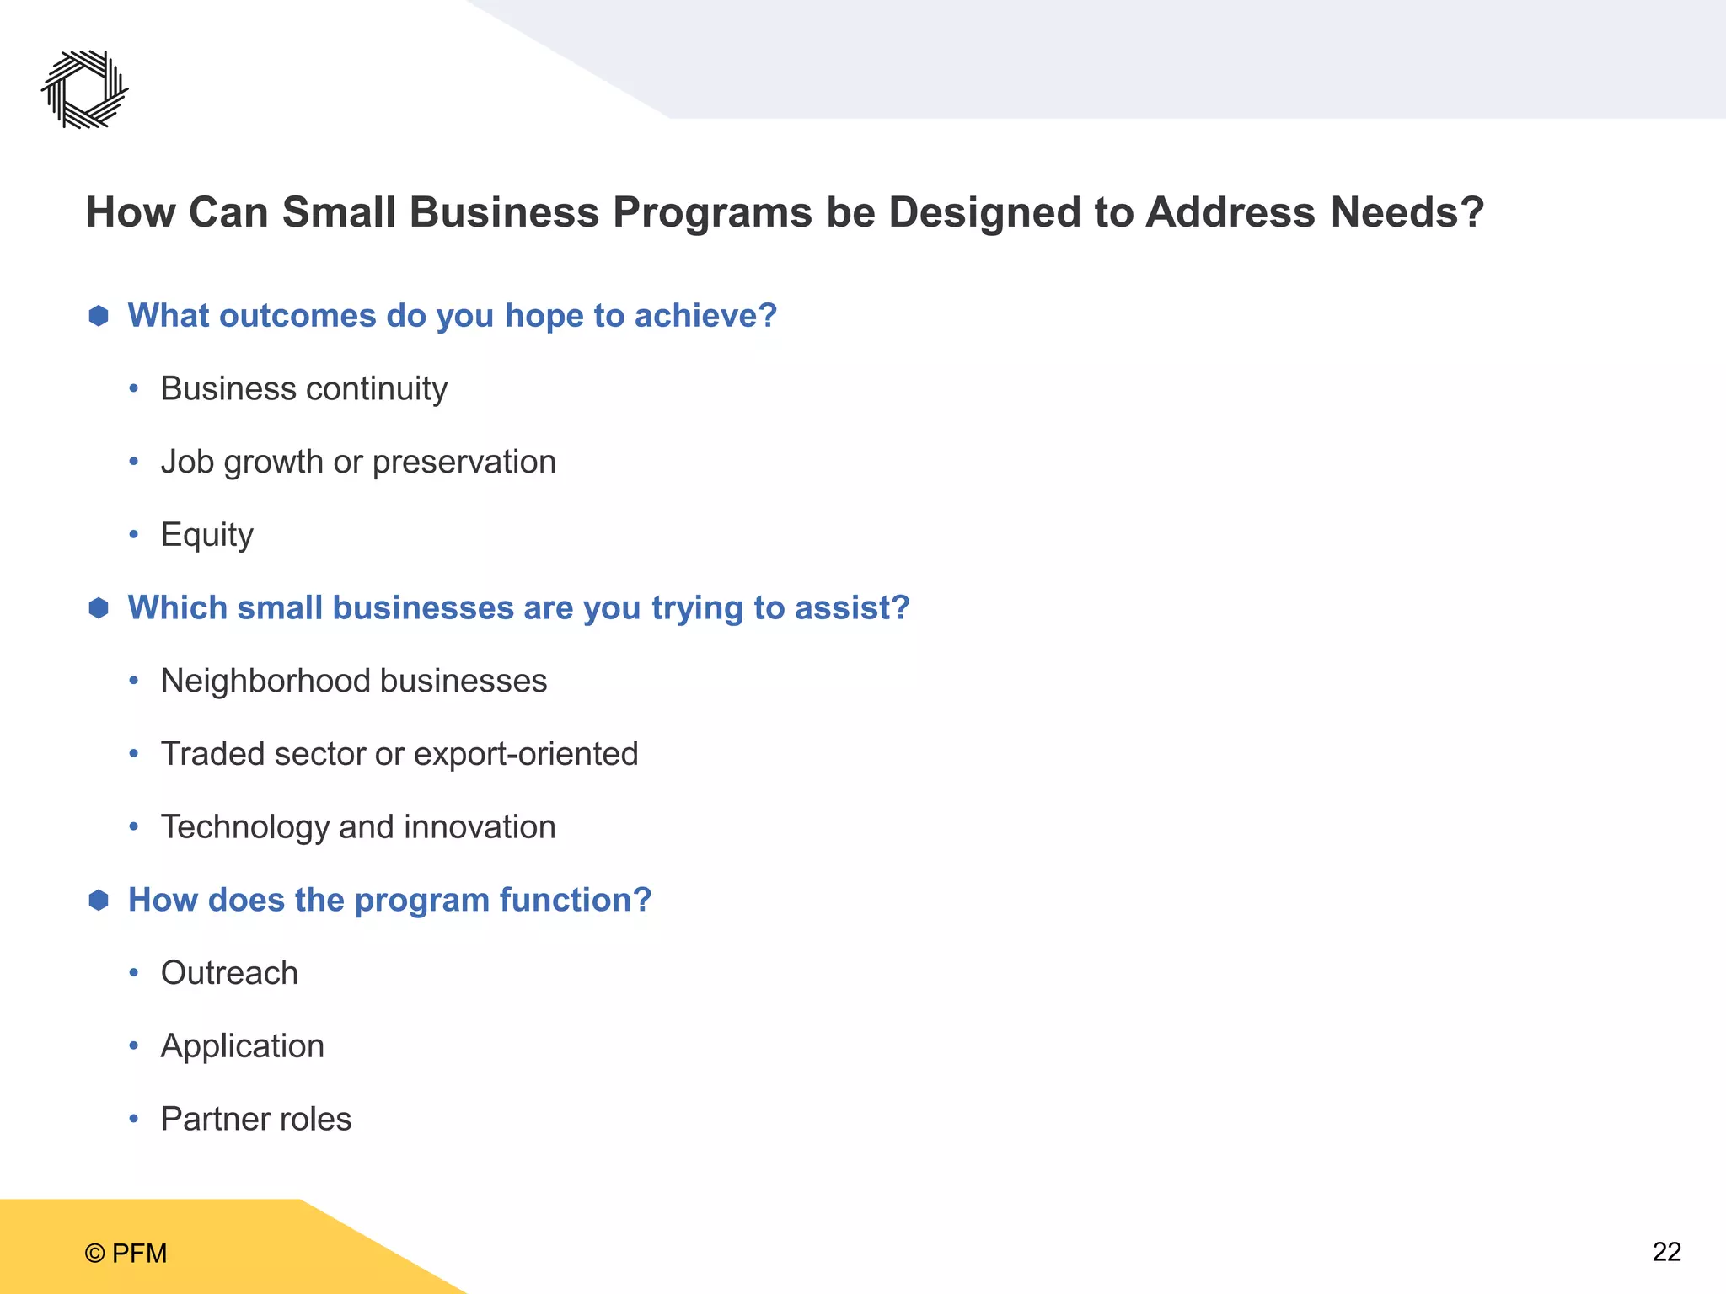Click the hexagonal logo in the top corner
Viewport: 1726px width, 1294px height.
85,89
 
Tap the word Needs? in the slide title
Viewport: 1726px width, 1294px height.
1407,212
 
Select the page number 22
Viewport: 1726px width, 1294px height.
1666,1252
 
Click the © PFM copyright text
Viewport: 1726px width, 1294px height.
126,1254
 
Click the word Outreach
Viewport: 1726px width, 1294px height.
229,973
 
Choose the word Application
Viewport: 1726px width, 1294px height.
242,1046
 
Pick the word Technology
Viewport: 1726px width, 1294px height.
244,827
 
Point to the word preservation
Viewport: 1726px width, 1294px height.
464,463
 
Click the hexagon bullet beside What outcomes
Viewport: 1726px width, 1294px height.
99,316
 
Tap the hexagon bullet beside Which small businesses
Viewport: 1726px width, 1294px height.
99,608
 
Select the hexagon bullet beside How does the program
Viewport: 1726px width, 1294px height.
99,901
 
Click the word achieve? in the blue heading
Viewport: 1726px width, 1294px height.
705,316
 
